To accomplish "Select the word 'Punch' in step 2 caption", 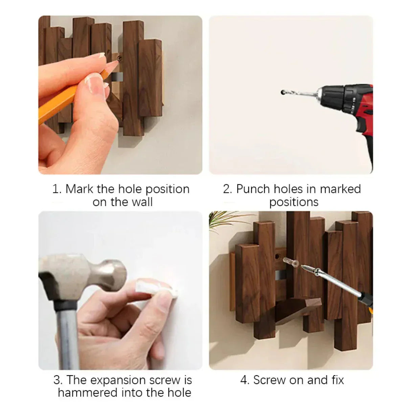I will tap(253, 189).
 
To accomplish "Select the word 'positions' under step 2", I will tap(294, 202).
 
